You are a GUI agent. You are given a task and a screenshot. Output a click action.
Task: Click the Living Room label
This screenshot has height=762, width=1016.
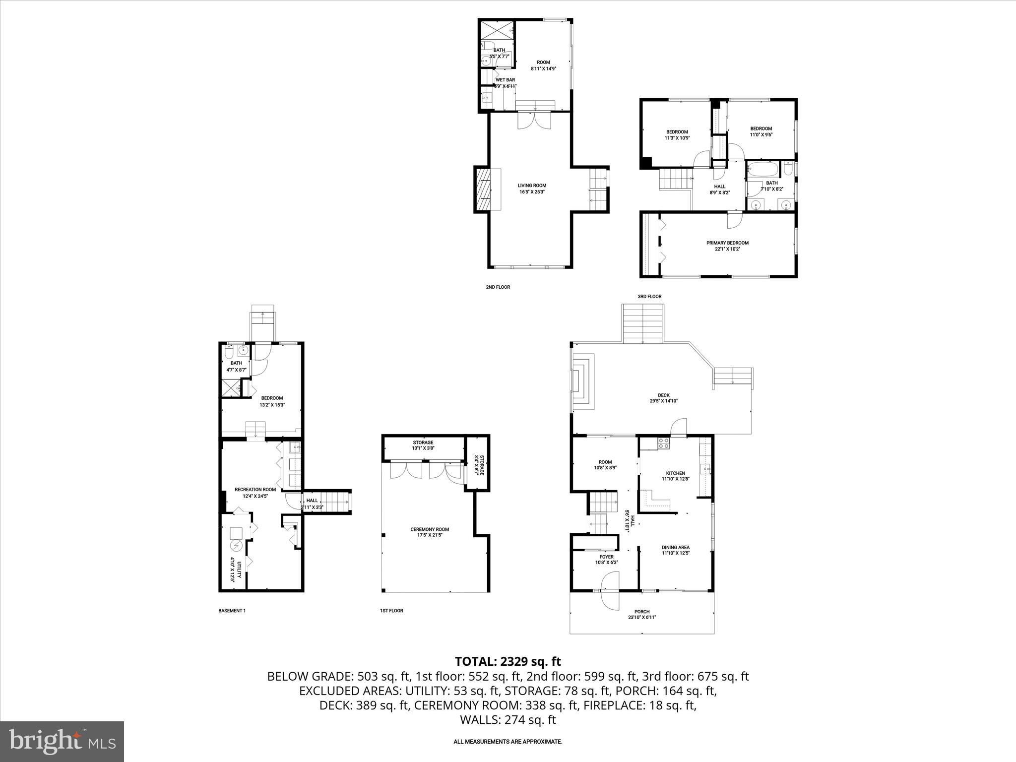pos(532,189)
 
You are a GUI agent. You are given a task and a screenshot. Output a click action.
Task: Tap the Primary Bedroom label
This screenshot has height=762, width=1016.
pos(727,246)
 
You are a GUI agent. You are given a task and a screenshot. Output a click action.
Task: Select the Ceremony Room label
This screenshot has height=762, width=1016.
pos(430,532)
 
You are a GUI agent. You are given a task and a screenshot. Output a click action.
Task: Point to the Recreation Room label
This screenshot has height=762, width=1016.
pos(255,492)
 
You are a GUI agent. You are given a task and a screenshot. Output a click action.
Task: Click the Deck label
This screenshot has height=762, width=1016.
pos(663,398)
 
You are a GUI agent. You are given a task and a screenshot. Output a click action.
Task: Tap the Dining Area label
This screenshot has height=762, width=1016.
pos(675,550)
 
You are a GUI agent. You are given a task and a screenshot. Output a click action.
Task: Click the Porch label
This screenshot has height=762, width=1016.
pos(641,614)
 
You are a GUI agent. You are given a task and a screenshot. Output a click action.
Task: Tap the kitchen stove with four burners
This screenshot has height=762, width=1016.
pos(663,443)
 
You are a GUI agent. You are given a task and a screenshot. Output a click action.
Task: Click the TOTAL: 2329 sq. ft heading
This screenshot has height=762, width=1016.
pos(508,661)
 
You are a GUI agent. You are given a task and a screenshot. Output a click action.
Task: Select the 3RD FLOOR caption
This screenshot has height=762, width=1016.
pos(649,296)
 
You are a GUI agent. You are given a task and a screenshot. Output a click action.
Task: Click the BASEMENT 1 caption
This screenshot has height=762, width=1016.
pos(232,611)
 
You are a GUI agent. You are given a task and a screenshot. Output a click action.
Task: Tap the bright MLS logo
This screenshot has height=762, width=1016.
pos(62,741)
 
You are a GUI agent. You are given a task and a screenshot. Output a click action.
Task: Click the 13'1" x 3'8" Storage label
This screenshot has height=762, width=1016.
pos(423,445)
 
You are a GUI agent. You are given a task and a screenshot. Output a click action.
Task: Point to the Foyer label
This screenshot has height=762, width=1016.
pos(606,559)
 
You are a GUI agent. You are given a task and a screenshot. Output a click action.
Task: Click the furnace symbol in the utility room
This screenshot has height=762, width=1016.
pos(236,546)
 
